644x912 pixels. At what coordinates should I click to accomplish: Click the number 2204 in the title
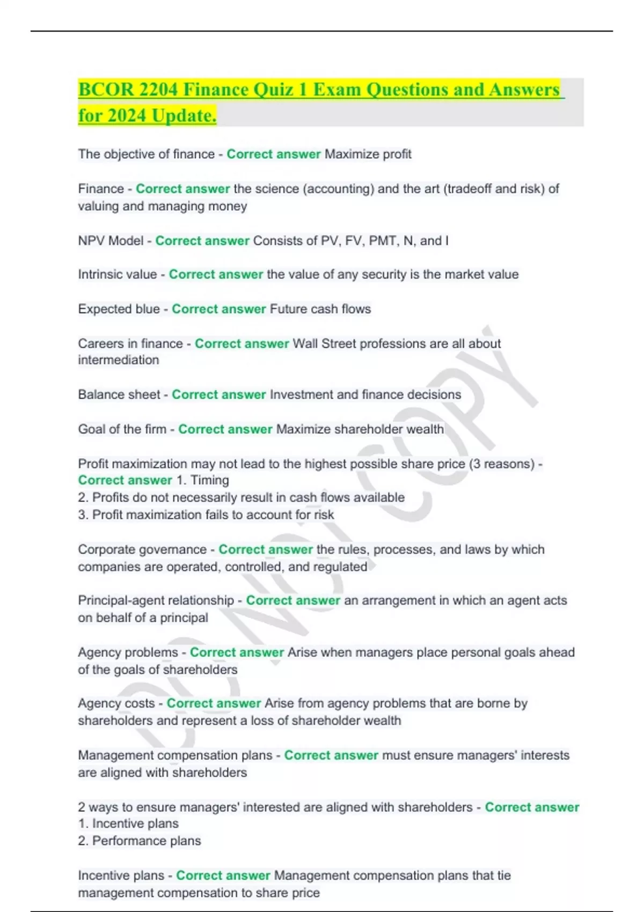(x=158, y=90)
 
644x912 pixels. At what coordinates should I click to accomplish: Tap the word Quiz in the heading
(x=274, y=90)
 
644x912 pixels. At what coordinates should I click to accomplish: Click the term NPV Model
(x=111, y=241)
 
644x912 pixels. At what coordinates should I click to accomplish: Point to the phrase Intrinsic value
(x=118, y=275)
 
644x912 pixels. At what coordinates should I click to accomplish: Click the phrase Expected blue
(x=119, y=309)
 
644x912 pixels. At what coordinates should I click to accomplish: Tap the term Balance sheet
(x=119, y=395)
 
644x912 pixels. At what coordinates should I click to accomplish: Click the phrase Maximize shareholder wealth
(x=360, y=429)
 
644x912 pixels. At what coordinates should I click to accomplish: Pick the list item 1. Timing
(x=202, y=480)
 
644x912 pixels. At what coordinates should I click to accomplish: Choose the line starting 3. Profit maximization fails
(x=206, y=515)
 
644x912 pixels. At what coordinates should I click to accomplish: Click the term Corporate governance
(x=142, y=549)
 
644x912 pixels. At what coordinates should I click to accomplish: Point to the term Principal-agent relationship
(x=156, y=600)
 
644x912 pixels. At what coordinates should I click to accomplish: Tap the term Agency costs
(x=116, y=703)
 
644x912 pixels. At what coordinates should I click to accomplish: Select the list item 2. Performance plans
(x=140, y=841)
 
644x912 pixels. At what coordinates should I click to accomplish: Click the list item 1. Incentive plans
(x=128, y=823)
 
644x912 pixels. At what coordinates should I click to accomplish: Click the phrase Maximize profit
(x=368, y=155)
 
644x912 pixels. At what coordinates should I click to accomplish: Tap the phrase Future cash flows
(x=320, y=309)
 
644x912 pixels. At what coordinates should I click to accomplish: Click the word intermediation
(x=119, y=360)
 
